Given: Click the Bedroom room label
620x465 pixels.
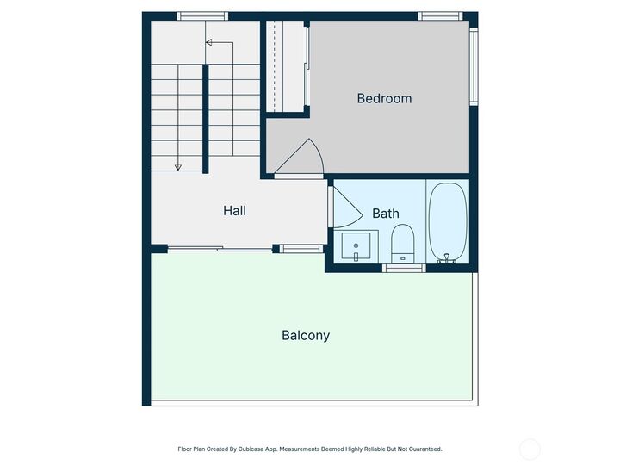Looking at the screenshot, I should [384, 98].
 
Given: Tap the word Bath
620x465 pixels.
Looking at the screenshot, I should [385, 213].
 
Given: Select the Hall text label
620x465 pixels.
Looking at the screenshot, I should [234, 210].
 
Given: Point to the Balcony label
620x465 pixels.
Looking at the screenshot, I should [306, 335].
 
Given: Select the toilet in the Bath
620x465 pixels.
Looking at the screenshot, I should [402, 243].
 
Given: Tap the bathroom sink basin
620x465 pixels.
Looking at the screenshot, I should [356, 246].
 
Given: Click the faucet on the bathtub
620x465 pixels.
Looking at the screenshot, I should [446, 256].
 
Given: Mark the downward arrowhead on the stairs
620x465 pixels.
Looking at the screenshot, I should [177, 167].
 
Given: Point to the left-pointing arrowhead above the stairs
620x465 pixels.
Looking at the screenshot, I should [208, 41].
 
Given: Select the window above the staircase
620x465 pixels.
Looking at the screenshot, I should [202, 15].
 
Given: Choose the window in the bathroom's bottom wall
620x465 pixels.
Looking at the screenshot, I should [404, 268].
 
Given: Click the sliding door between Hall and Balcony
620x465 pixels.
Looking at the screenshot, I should [220, 249].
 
